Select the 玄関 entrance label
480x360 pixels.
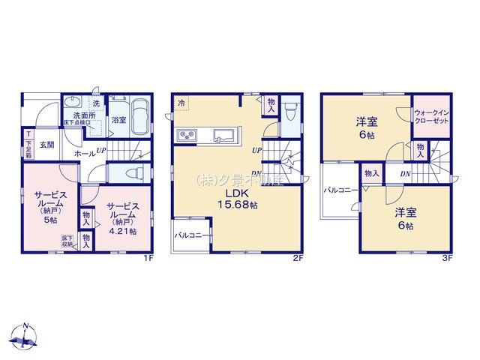[x=46, y=144]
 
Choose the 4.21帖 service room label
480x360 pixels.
[x=121, y=218]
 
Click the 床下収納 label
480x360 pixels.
[x=67, y=241]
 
